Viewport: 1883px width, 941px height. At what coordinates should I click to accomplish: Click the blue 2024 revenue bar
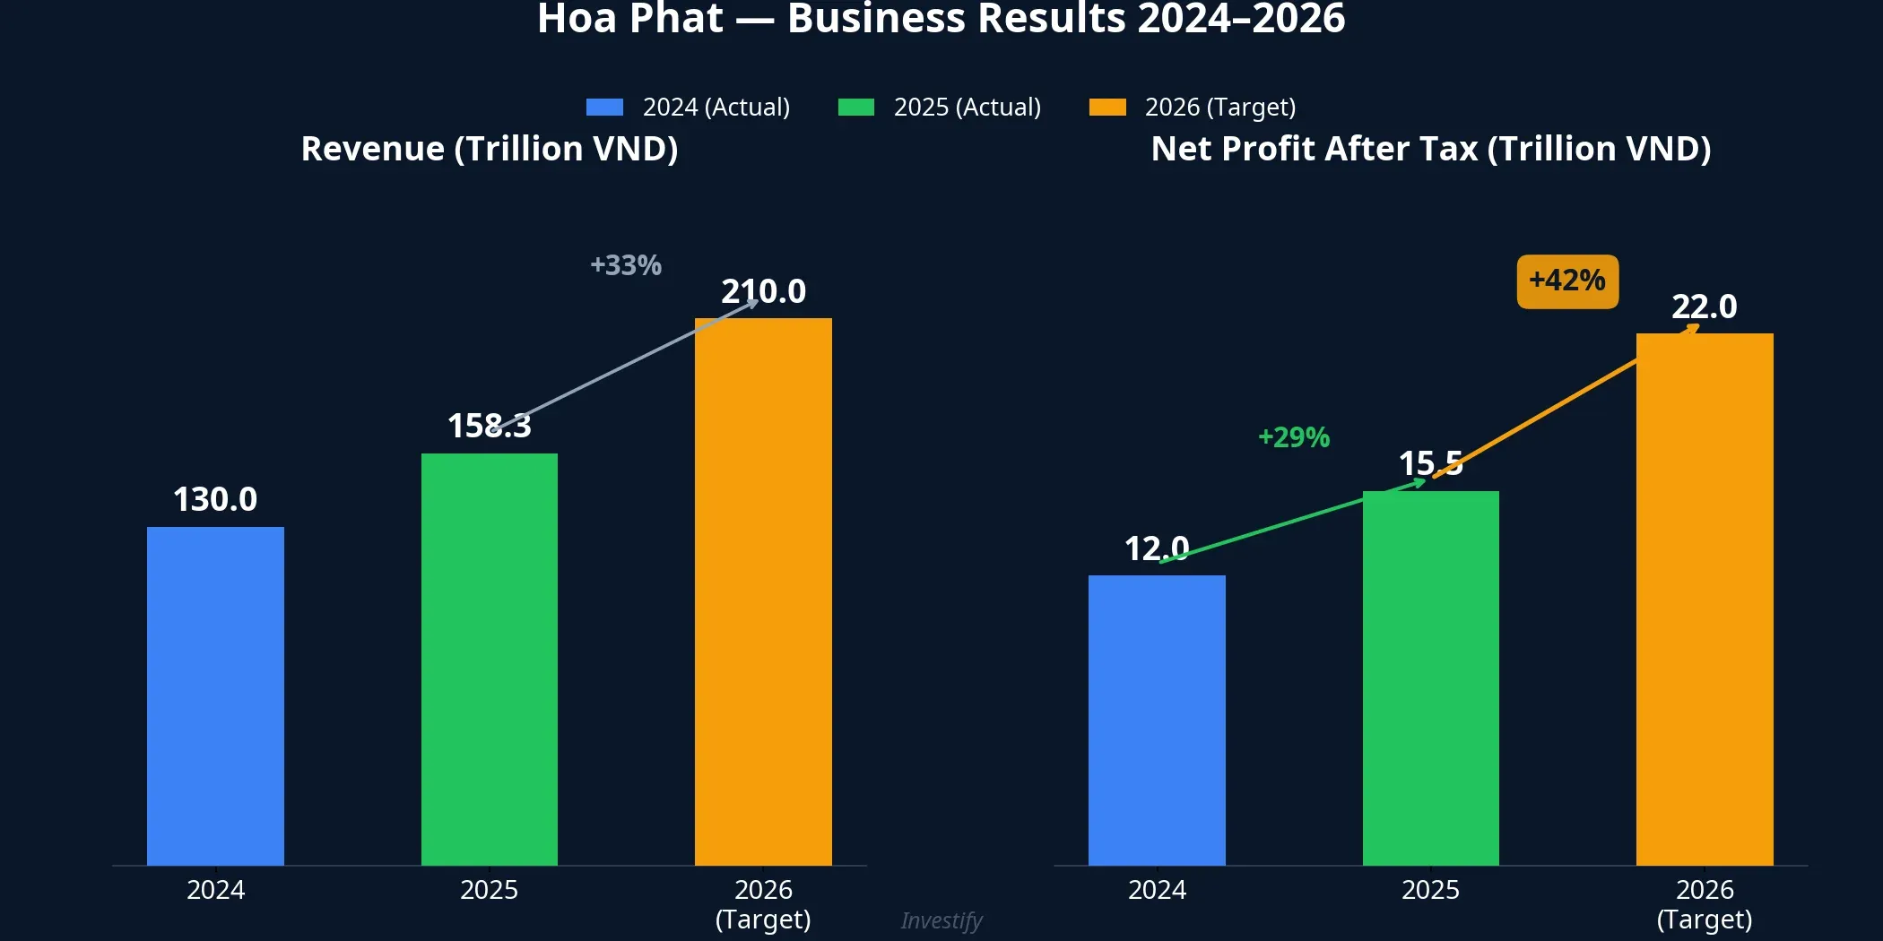215,695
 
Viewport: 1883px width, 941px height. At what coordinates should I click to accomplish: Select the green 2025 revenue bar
489,659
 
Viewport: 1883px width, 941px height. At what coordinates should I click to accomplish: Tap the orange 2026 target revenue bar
763,591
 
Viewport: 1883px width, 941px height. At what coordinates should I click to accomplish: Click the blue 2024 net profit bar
1157,720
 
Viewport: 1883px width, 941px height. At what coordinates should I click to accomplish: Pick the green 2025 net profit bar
1430,678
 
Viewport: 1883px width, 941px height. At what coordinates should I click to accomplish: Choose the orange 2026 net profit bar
1705,599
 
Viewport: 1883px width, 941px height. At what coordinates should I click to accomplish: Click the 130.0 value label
215,499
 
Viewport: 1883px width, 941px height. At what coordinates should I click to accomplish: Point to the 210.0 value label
763,291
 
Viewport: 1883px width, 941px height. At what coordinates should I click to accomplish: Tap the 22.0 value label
1704,306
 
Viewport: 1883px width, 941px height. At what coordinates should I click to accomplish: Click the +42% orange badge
1567,281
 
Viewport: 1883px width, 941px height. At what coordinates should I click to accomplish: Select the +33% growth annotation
625,265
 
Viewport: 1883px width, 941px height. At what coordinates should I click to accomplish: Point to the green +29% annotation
1293,437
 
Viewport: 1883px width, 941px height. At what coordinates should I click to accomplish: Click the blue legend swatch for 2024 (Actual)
604,108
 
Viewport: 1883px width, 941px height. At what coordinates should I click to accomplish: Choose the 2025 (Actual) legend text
967,108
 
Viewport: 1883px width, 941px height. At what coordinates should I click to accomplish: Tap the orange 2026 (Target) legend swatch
1106,108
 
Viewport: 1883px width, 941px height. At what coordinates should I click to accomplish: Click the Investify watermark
941,920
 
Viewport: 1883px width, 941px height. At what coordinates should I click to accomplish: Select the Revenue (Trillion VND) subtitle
490,149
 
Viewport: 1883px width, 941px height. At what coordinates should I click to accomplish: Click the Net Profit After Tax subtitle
1430,149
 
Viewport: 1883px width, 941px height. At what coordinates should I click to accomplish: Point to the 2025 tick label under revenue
489,890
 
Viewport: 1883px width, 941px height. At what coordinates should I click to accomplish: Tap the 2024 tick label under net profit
1157,890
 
